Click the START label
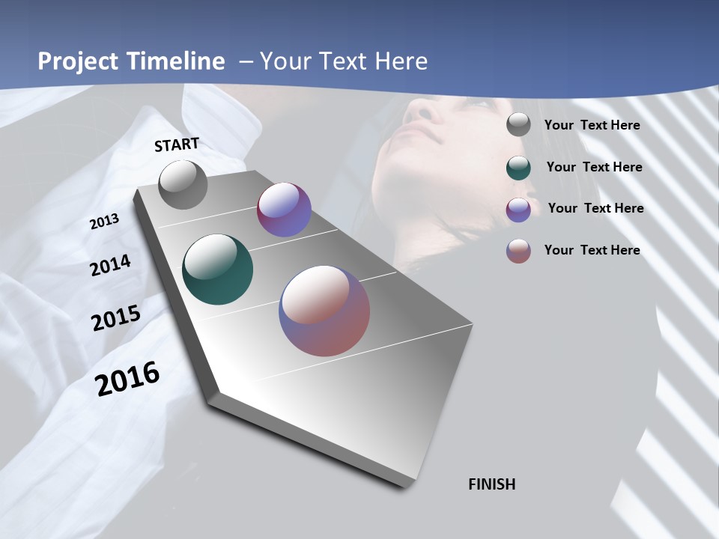177,144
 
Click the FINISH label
491,484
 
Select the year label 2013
104,222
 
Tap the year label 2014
110,266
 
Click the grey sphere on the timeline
183,184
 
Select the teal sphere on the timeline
217,269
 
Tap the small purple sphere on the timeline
284,210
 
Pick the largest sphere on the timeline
324,310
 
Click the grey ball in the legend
518,124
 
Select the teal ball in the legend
518,167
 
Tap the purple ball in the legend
518,209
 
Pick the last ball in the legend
518,250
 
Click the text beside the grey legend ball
592,125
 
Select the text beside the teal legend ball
594,167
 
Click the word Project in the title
77,61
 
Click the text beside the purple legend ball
595,208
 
